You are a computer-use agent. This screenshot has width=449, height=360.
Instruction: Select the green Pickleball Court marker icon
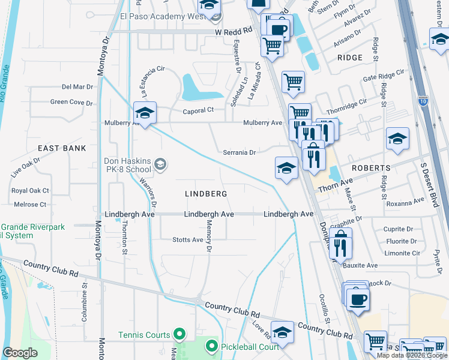point(211,346)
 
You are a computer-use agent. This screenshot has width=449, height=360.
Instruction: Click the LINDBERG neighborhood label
point(206,194)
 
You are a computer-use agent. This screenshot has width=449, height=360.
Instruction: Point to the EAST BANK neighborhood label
point(62,148)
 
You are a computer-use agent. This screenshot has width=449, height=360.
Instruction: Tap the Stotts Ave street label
point(188,240)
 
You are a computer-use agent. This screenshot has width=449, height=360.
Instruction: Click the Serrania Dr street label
point(240,152)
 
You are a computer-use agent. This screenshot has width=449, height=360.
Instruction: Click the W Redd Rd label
point(233,32)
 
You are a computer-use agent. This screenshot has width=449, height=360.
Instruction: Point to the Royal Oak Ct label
point(30,191)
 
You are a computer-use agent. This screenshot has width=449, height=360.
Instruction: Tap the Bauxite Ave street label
point(360,265)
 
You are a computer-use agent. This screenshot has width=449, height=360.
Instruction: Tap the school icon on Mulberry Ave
point(144,112)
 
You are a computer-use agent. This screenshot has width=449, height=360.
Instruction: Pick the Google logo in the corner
point(20,353)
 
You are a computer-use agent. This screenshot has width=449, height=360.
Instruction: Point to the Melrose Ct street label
point(30,205)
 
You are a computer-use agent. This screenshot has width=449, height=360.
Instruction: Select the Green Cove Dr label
point(71,102)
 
